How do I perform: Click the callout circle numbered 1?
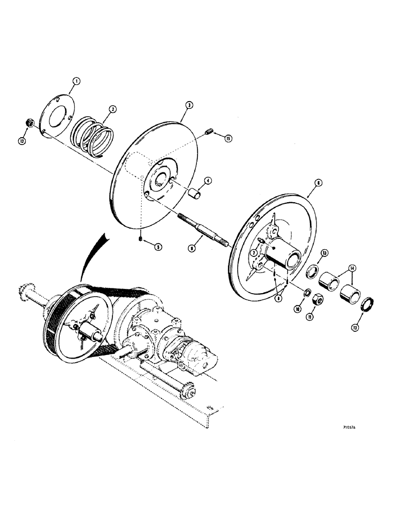pyautogui.click(x=76, y=81)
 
